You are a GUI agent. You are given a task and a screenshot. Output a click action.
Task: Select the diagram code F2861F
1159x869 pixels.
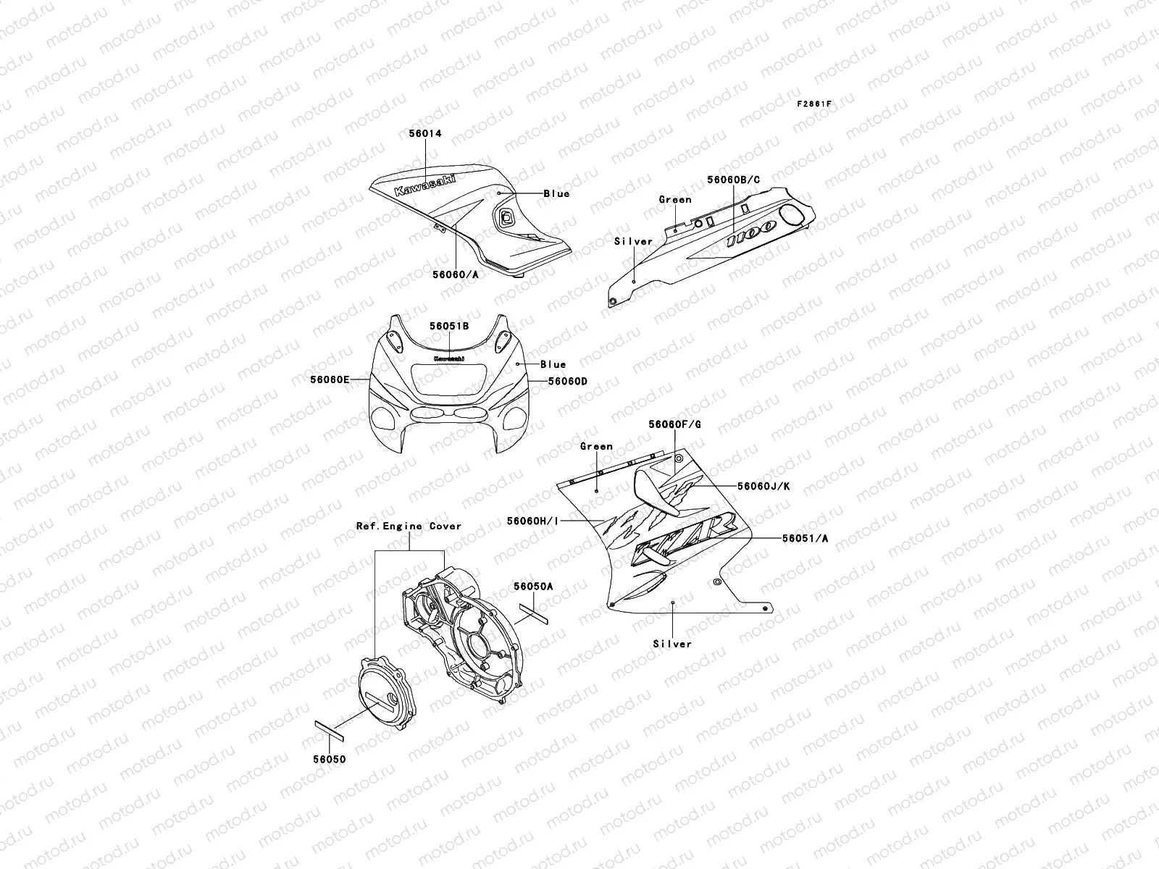[814, 104]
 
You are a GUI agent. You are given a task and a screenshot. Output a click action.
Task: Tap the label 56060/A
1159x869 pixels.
[456, 274]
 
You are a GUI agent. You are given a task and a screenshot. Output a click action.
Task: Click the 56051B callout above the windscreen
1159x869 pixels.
[448, 327]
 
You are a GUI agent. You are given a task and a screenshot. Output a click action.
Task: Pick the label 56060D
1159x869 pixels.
[567, 381]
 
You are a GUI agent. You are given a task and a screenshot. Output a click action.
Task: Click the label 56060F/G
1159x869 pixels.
[674, 425]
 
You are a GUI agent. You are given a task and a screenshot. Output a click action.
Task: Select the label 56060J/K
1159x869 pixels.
[763, 486]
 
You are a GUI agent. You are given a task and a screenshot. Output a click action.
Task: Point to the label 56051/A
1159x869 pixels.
[805, 539]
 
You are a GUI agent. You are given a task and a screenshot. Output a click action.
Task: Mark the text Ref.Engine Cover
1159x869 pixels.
[409, 526]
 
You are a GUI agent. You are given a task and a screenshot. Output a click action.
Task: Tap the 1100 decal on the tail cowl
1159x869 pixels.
[751, 237]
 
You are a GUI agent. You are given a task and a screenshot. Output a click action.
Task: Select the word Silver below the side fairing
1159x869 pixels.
[672, 644]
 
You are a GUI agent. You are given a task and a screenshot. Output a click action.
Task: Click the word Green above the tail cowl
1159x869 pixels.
[675, 199]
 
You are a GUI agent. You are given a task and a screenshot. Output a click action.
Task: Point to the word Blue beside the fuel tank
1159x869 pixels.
[556, 193]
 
